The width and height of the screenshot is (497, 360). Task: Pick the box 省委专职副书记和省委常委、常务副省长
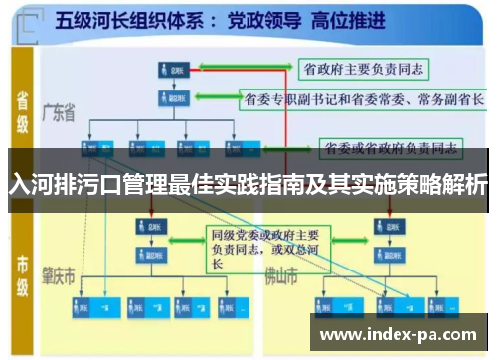point(364,99)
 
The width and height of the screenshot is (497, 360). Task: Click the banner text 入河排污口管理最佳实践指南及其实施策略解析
point(248,185)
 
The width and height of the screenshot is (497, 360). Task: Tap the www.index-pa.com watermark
point(403,335)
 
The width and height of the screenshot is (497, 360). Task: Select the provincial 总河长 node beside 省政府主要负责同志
point(169,70)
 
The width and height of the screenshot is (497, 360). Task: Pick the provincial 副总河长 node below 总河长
point(169,99)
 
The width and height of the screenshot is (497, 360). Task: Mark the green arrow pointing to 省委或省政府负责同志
point(294,148)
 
